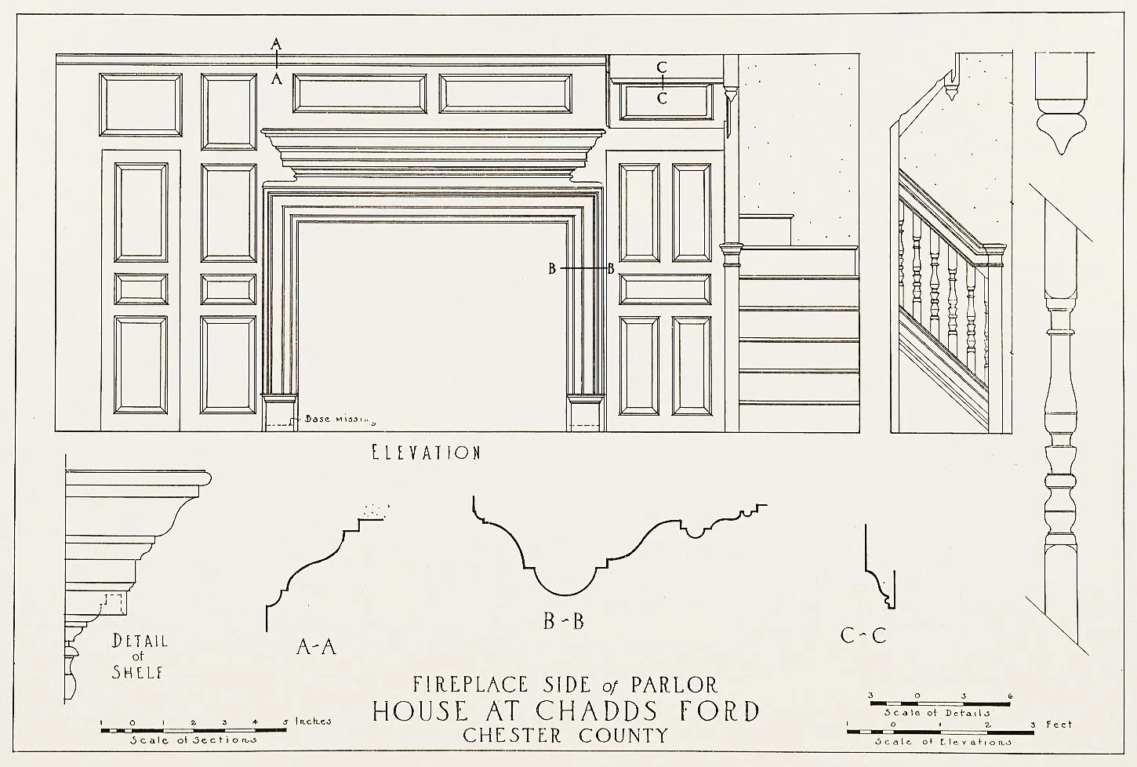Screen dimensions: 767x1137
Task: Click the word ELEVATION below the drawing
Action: pos(425,453)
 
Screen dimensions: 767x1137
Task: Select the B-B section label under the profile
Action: pos(564,622)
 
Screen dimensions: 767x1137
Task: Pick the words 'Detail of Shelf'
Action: pos(139,656)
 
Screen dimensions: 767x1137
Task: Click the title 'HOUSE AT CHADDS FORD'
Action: pos(565,711)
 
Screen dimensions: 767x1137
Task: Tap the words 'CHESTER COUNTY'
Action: pos(565,736)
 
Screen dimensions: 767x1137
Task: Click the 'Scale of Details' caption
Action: pos(937,713)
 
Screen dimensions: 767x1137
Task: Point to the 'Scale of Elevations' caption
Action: pos(942,741)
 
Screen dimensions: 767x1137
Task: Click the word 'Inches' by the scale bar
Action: pos(313,721)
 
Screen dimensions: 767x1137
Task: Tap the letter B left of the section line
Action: pos(552,269)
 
